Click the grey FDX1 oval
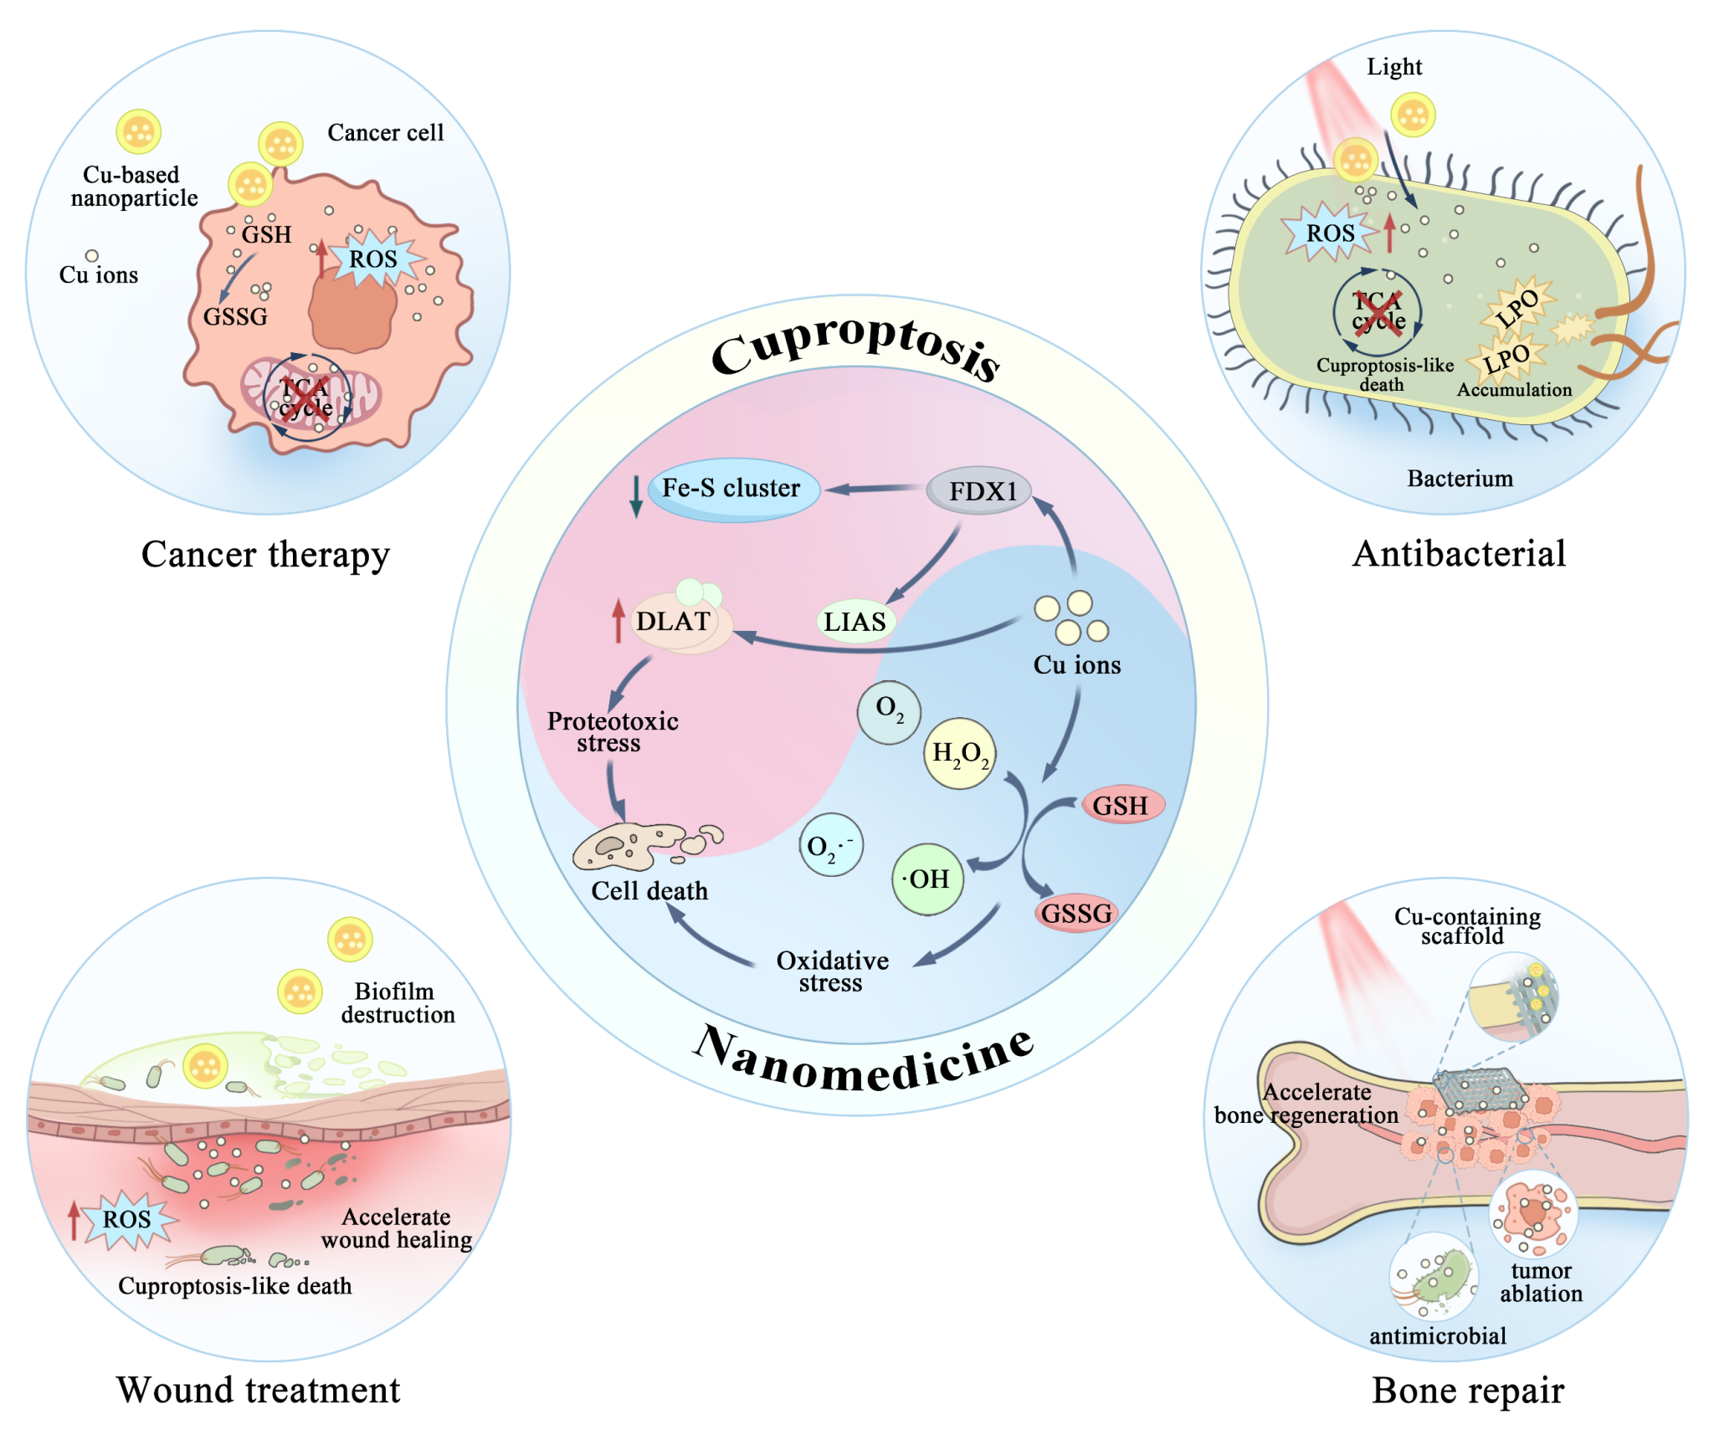click(978, 490)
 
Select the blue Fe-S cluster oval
click(733, 489)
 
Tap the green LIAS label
click(855, 622)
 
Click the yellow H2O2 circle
click(959, 753)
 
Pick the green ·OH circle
click(927, 879)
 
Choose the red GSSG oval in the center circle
click(1076, 913)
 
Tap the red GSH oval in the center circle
click(1121, 805)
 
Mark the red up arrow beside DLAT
click(618, 620)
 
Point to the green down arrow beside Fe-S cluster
click(635, 495)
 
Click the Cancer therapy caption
click(265, 554)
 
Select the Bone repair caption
click(1468, 1390)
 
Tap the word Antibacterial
click(1459, 553)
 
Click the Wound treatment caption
click(258, 1390)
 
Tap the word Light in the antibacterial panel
click(1394, 67)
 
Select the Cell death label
click(649, 890)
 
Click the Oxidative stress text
click(832, 971)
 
